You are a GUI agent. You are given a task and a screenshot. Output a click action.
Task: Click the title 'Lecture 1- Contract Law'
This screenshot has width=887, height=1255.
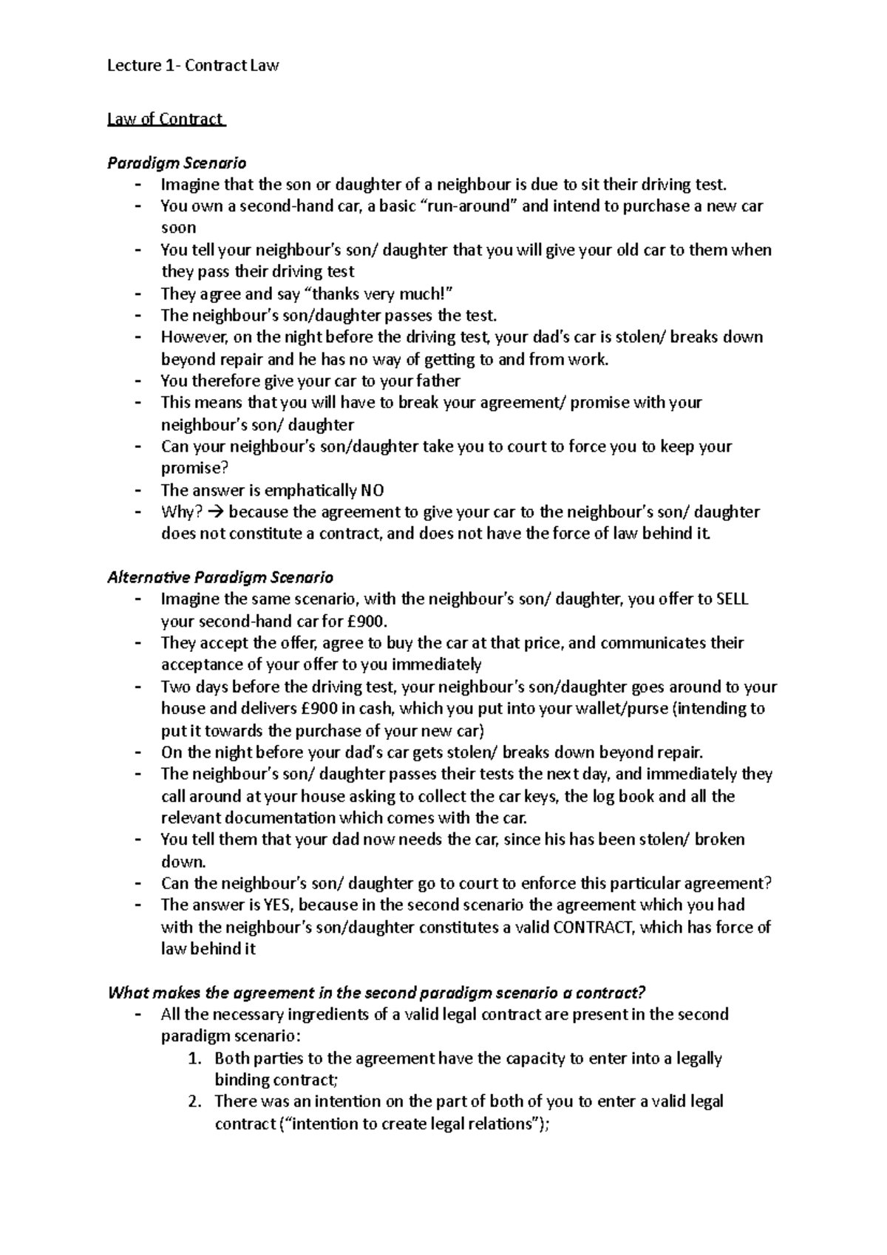click(x=193, y=66)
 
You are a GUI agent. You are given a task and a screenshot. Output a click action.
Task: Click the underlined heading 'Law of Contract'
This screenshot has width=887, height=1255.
click(x=166, y=119)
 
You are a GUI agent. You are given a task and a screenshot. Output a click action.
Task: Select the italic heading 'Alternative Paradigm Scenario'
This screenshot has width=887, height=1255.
click(x=220, y=577)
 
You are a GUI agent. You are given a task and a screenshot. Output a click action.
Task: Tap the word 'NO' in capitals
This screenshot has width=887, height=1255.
click(x=372, y=490)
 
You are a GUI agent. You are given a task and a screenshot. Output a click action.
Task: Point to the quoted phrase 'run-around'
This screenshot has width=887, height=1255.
click(x=468, y=206)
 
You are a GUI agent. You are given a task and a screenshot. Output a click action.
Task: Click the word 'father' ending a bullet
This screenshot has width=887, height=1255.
click(x=438, y=381)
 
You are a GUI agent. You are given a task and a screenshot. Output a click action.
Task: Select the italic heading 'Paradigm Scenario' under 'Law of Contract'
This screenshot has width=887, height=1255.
click(x=177, y=163)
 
